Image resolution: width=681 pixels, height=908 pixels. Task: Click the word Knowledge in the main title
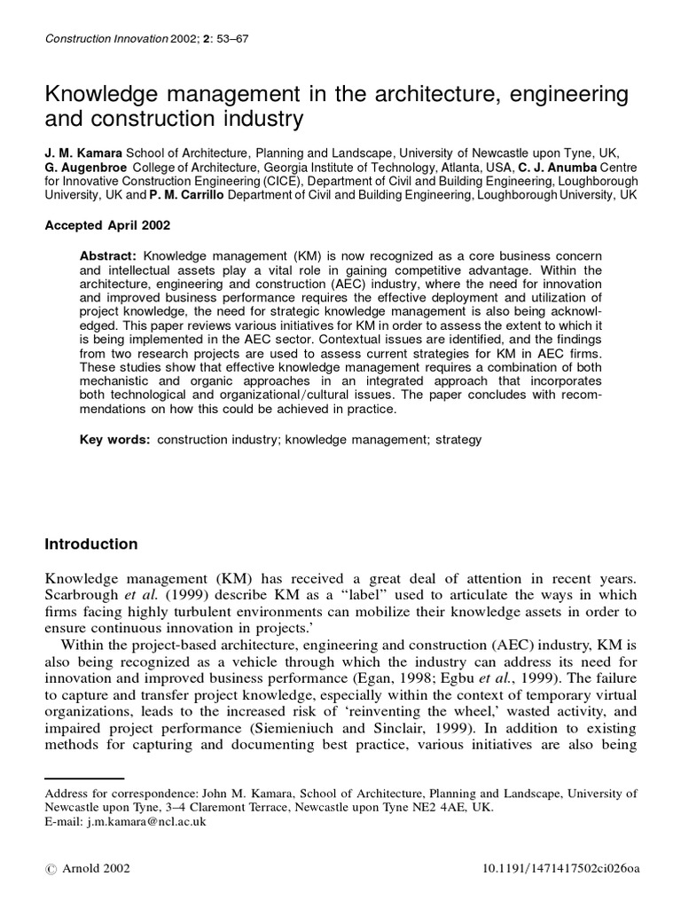[x=103, y=94]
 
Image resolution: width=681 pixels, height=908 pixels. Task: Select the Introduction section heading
[x=91, y=544]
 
